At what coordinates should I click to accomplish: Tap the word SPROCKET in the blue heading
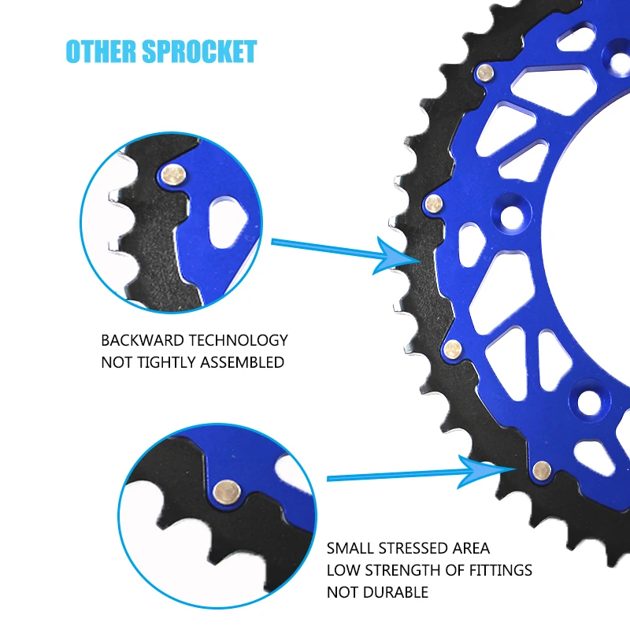pos(201,51)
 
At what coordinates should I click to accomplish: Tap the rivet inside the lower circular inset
pos(227,491)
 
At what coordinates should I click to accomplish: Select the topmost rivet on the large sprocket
pos(486,73)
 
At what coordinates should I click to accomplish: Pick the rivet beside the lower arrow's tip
pos(541,471)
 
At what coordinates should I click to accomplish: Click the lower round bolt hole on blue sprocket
pos(589,401)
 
